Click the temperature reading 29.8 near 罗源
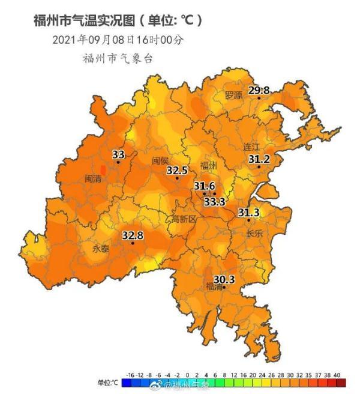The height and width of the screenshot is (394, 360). (259, 91)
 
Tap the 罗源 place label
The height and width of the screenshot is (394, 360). (233, 95)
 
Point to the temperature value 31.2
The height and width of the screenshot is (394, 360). (259, 159)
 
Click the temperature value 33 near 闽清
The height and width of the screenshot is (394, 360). (118, 155)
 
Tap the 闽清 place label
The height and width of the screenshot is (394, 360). (94, 178)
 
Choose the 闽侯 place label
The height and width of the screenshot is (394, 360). (160, 160)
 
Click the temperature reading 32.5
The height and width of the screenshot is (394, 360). (177, 171)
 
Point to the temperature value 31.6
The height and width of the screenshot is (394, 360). (205, 187)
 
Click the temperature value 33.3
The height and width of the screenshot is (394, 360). (214, 202)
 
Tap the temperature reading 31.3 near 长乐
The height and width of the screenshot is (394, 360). (248, 213)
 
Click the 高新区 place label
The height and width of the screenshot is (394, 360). (184, 219)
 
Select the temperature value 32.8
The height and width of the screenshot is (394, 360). (133, 235)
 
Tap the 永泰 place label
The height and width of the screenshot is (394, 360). (100, 249)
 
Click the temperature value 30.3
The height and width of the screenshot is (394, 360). (224, 279)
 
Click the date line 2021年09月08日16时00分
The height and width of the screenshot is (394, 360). (118, 40)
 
